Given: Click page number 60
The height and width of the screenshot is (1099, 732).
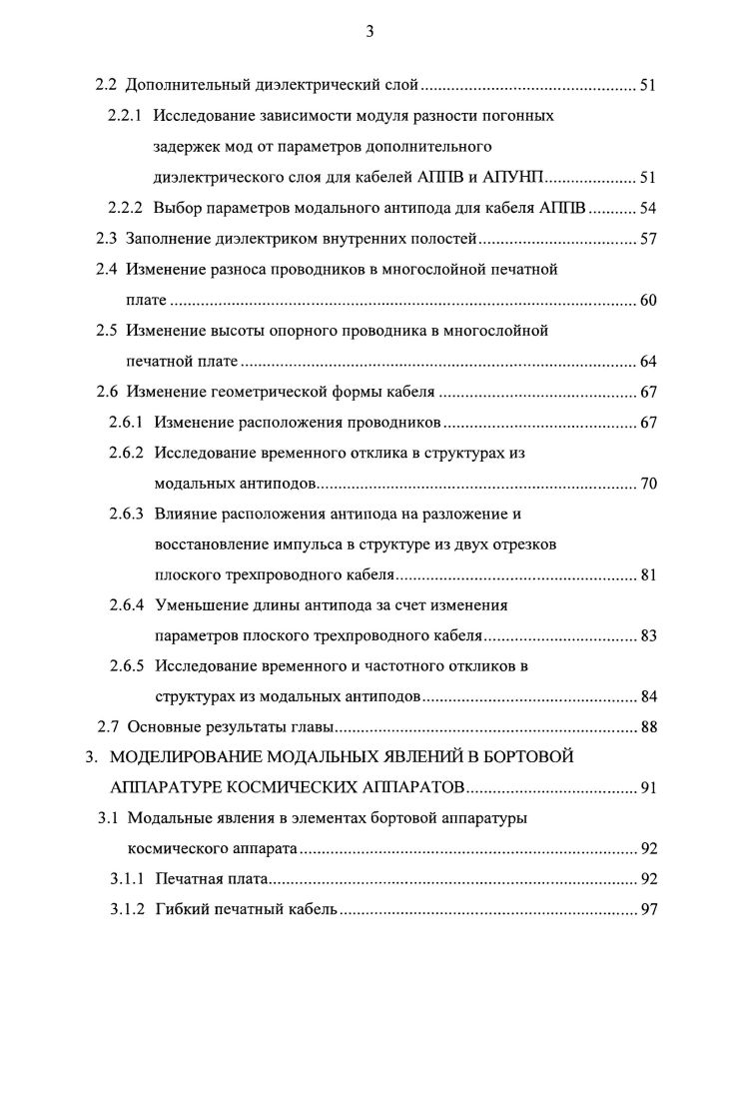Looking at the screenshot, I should [647, 301].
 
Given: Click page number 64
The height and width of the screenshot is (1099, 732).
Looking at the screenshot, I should [647, 362].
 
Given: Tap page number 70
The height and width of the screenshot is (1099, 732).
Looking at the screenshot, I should [647, 485].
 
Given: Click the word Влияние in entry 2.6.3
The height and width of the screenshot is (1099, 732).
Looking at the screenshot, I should [186, 515].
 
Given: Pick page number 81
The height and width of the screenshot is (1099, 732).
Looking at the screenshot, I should [647, 576].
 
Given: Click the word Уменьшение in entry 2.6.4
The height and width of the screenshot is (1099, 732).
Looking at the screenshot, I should [201, 605].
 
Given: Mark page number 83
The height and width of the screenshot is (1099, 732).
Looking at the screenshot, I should [647, 635].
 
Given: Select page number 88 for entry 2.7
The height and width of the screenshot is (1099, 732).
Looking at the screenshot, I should [647, 726].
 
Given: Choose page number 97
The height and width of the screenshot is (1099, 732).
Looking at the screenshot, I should [647, 910].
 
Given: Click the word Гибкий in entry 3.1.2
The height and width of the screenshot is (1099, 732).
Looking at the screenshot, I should [182, 910].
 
